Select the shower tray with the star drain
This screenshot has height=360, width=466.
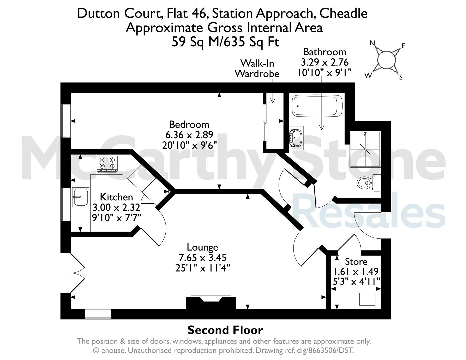365,149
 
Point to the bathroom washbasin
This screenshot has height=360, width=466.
296,138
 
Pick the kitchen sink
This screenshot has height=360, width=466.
80,197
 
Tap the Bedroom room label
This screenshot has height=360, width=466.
189,124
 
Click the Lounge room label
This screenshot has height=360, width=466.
202,247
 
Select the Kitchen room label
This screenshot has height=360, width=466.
116,197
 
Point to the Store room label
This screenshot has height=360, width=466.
356,262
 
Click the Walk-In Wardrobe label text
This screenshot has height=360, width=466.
257,68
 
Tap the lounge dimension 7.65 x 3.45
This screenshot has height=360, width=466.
202,257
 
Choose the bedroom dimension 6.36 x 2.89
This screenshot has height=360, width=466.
189,135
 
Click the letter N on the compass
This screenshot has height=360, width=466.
372,43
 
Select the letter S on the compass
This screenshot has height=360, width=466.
401,77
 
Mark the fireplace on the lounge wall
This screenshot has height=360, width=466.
211,303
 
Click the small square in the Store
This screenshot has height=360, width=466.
367,299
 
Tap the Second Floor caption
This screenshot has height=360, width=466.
225,330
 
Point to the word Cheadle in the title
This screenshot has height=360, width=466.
344,13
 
